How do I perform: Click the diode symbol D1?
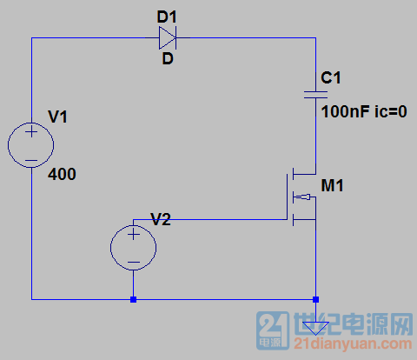168,37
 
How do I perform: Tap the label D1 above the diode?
167,17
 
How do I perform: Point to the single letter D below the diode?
168,59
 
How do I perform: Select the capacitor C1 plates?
315,95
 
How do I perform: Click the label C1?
331,77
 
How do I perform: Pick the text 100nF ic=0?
364,111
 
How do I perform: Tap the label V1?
57,117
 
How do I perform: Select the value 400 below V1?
62,174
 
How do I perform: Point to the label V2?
161,219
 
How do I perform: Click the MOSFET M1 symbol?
301,197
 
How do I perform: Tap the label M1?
332,185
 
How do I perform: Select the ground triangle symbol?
315,328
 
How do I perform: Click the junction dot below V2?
133,299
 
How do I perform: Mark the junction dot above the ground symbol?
315,299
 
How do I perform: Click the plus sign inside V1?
31,132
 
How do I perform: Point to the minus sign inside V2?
134,263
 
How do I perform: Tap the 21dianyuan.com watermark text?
353,344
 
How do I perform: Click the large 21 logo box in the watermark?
273,330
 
